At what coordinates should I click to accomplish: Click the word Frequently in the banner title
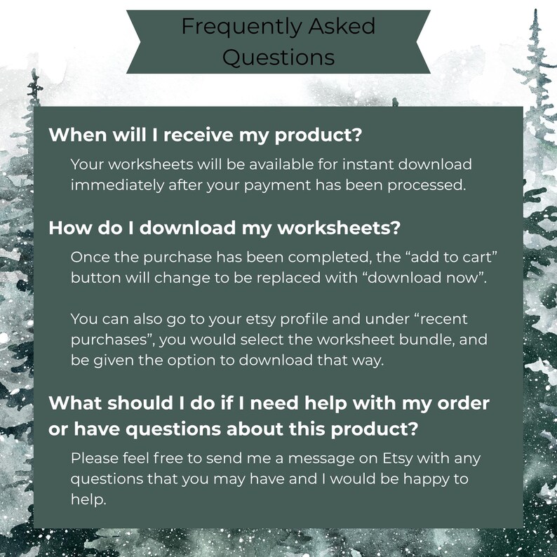(x=242, y=27)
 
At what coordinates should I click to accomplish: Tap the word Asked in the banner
(x=342, y=25)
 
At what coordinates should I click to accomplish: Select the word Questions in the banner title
(x=278, y=58)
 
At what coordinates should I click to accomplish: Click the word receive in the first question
(x=199, y=135)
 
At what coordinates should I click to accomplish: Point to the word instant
(x=368, y=164)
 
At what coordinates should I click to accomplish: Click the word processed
(x=427, y=185)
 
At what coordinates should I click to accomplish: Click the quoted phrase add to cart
(x=454, y=257)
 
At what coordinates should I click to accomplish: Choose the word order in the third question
(x=463, y=403)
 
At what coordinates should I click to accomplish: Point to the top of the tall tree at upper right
(x=535, y=10)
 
